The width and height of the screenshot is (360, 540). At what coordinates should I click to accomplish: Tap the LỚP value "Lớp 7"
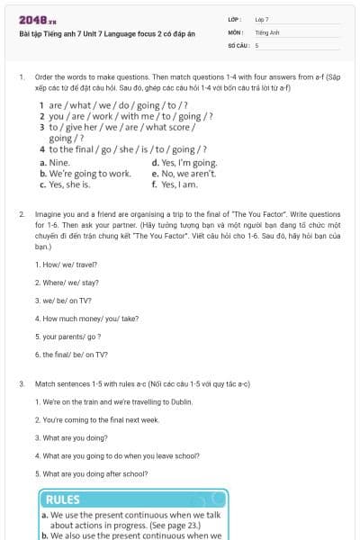coord(262,19)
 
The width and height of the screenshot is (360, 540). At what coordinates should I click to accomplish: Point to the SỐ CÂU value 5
coord(257,44)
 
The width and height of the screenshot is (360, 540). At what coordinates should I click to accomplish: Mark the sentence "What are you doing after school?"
coord(91,472)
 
